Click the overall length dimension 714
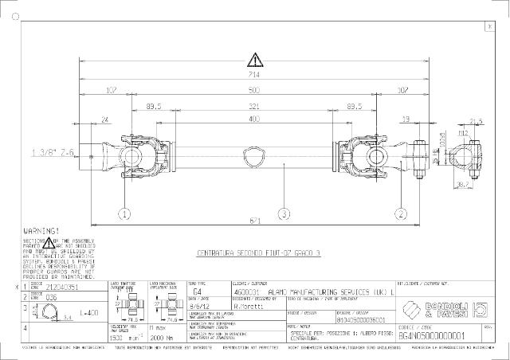pyautogui.click(x=253, y=73)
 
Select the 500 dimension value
pyautogui.click(x=253, y=89)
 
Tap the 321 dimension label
pyautogui.click(x=253, y=105)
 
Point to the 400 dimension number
pyautogui.click(x=253, y=119)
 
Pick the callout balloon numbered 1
pyautogui.click(x=124, y=213)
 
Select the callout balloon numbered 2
pyautogui.click(x=398, y=213)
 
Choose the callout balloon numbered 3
pyautogui.click(x=283, y=213)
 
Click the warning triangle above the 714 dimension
pyautogui.click(x=254, y=59)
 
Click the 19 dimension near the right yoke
pyautogui.click(x=406, y=119)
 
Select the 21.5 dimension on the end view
pyautogui.click(x=476, y=121)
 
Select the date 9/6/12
pyautogui.click(x=199, y=304)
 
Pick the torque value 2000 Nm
pyautogui.click(x=162, y=338)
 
